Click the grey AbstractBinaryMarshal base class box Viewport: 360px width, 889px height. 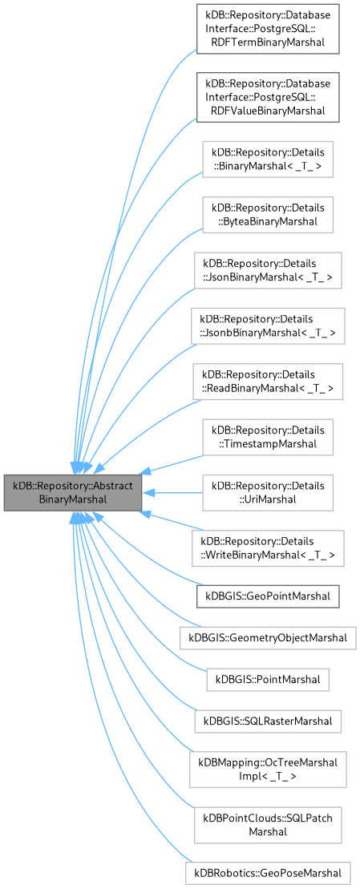(73, 492)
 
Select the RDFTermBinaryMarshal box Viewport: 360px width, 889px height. (267, 30)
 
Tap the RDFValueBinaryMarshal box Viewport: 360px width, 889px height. (267, 97)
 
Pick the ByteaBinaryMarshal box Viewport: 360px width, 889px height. (268, 214)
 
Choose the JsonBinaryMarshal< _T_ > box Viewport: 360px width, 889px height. (268, 270)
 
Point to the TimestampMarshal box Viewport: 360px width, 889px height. (268, 438)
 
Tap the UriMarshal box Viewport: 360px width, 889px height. (268, 492)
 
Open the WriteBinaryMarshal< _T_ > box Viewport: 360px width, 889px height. (268, 548)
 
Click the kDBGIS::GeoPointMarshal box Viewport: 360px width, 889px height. (268, 596)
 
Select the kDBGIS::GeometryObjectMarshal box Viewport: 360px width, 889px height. (268, 638)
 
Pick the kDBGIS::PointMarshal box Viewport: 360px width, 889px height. (268, 680)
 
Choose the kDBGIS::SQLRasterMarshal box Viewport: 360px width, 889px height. (268, 721)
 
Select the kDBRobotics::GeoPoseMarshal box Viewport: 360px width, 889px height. (268, 872)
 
